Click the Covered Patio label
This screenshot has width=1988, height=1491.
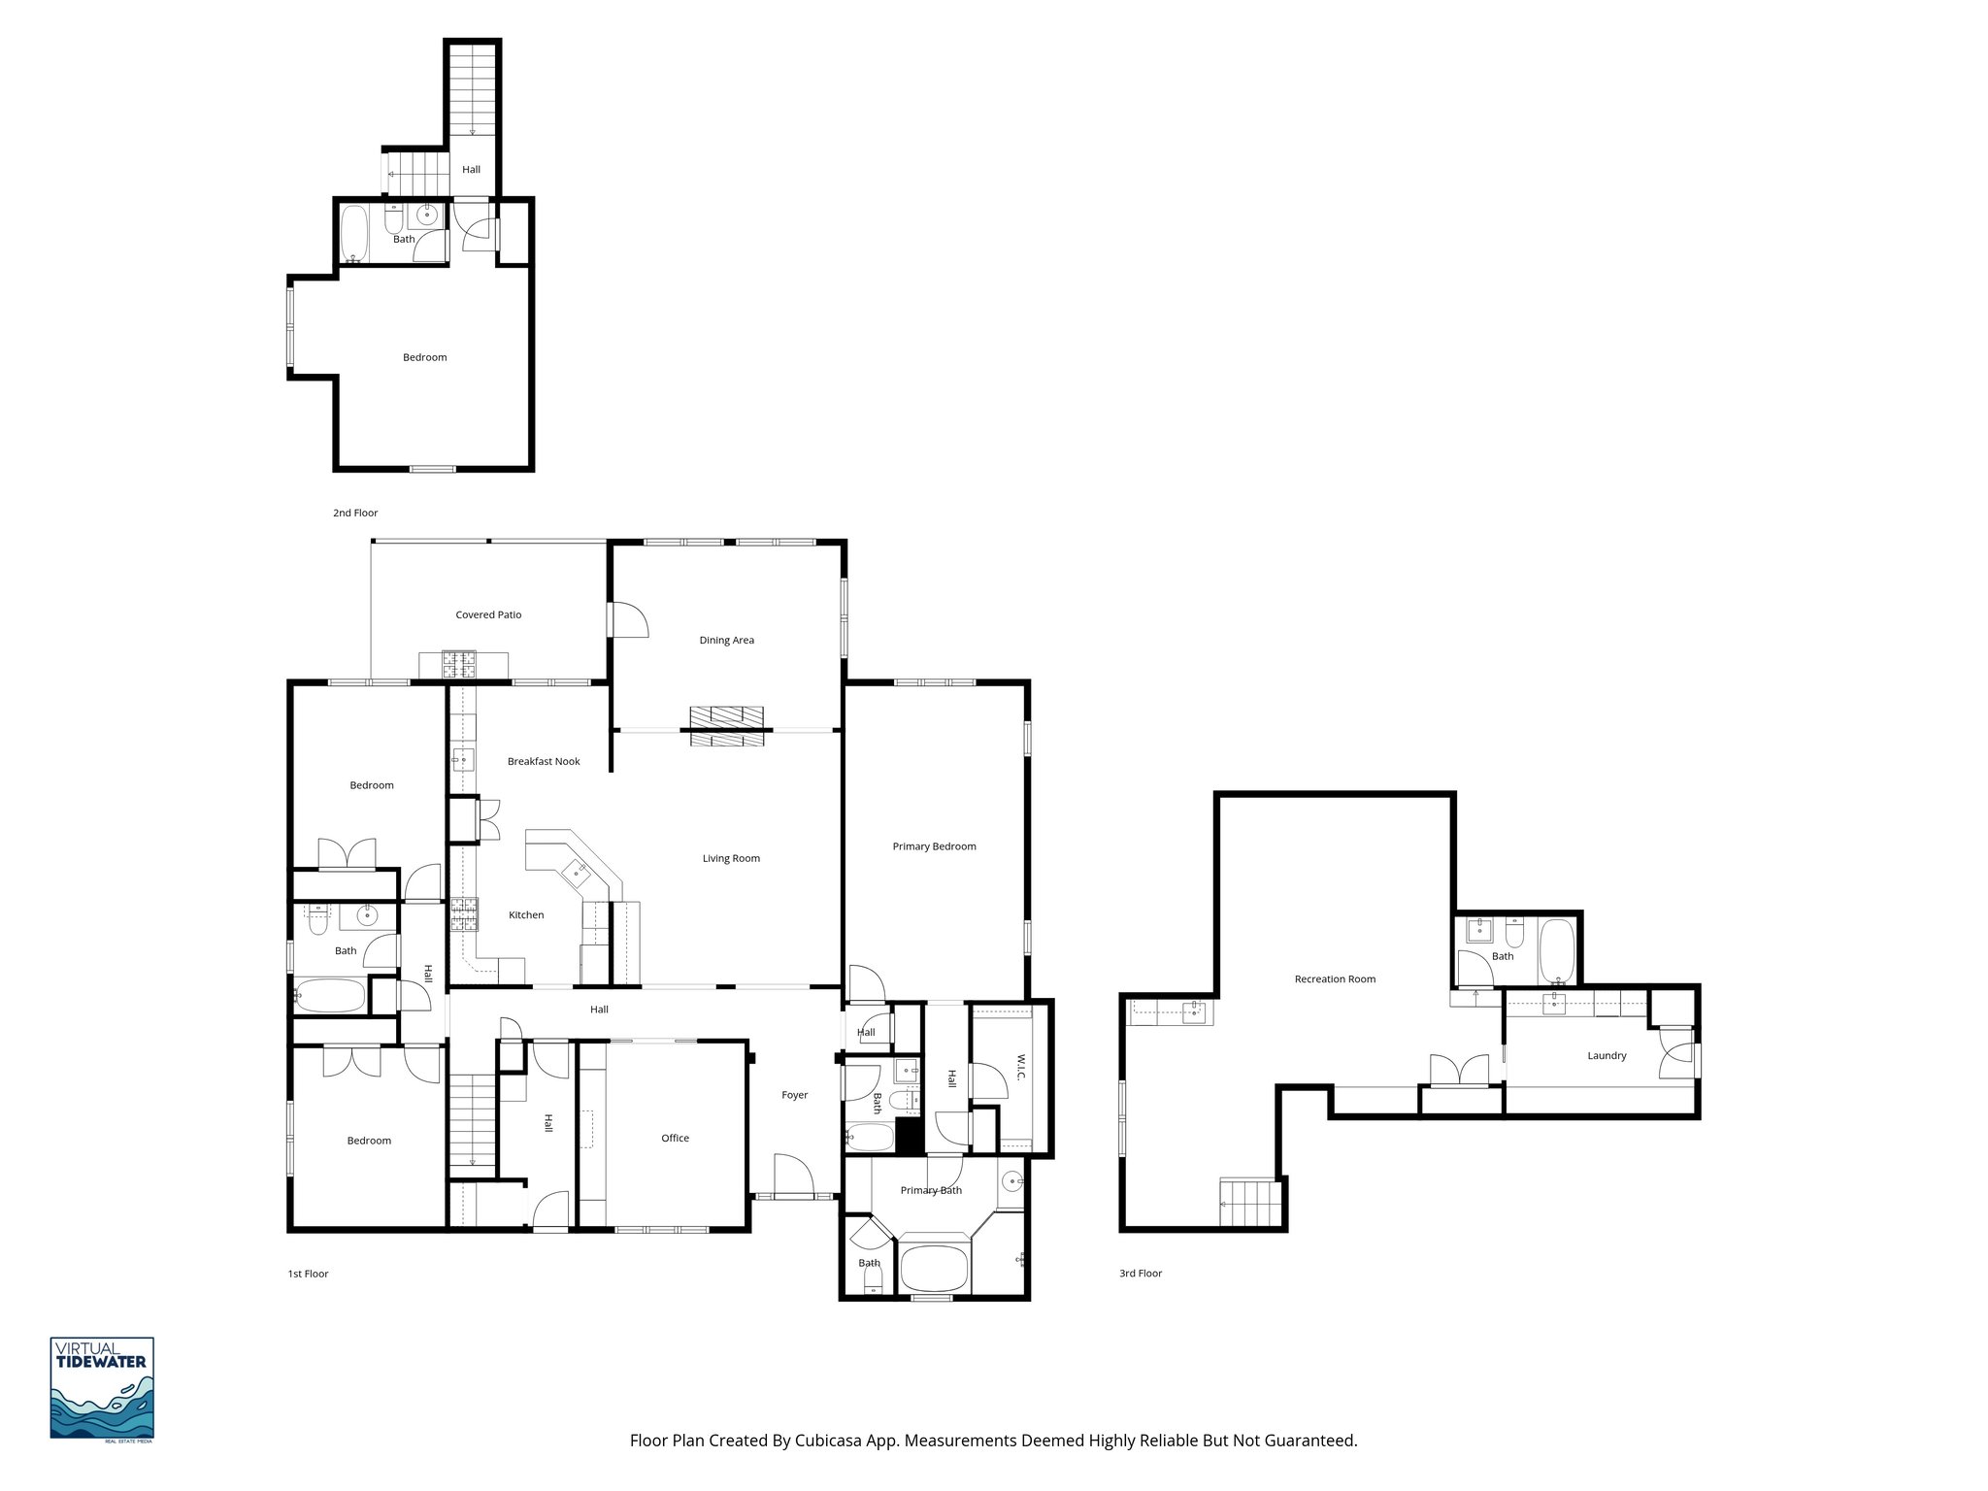click(488, 614)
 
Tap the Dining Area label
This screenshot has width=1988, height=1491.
click(726, 640)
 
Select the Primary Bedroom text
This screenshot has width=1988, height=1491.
click(934, 846)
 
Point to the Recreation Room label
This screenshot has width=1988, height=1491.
click(1335, 978)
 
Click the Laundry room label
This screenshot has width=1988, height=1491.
click(1607, 1055)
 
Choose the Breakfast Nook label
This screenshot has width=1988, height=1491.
click(544, 761)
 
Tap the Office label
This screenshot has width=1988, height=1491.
click(675, 1138)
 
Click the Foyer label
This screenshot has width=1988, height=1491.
click(794, 1095)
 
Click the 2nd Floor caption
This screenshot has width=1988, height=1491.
click(355, 513)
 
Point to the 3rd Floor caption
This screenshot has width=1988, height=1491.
click(1140, 1273)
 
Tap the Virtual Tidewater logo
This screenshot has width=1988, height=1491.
click(102, 1389)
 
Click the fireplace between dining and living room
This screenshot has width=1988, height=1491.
click(727, 727)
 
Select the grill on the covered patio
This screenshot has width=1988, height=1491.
click(461, 664)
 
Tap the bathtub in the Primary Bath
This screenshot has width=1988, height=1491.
click(934, 1267)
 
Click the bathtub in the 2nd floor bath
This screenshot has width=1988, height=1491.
click(354, 234)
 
